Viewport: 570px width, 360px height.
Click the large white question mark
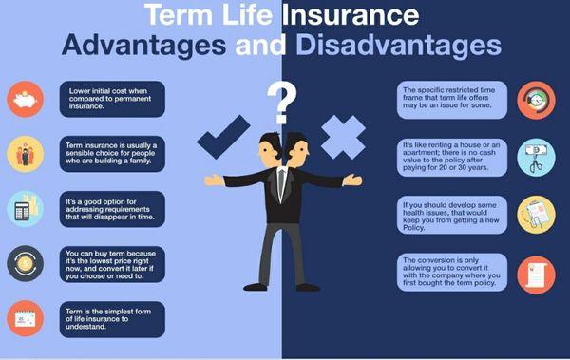[x=280, y=102]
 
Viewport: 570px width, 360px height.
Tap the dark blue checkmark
[x=224, y=136]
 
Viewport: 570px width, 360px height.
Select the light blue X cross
[x=342, y=137]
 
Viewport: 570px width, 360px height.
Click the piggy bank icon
[x=24, y=98]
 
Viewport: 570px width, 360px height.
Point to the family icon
[x=24, y=153]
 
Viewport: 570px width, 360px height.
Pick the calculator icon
[x=24, y=208]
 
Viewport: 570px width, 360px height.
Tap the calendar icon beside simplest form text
[x=24, y=318]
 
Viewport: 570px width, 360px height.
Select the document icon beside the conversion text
[x=536, y=274]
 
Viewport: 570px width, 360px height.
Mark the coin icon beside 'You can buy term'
[x=24, y=263]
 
